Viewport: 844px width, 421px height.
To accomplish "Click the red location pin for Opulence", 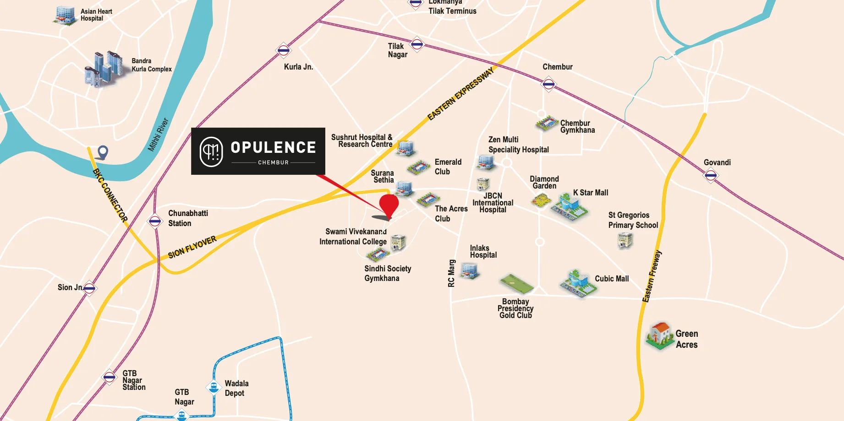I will (x=389, y=205).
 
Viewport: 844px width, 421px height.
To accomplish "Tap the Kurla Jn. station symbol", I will (x=284, y=50).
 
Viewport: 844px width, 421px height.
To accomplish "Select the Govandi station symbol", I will (x=711, y=175).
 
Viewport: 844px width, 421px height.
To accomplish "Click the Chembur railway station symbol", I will (x=548, y=84).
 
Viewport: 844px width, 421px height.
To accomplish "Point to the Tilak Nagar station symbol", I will (x=417, y=44).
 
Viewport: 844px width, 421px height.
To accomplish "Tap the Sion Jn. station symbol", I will (x=89, y=288).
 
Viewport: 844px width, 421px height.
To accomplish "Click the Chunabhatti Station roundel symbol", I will (x=155, y=221).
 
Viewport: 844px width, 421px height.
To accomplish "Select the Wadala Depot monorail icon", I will (x=213, y=388).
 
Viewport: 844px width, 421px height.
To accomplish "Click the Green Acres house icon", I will (x=660, y=335).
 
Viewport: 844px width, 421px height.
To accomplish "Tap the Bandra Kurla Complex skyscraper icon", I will (x=104, y=69).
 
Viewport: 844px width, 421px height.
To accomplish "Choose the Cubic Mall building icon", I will (x=578, y=283).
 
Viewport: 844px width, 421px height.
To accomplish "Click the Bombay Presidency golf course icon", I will (x=517, y=284).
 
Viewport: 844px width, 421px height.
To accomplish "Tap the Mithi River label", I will (x=158, y=135).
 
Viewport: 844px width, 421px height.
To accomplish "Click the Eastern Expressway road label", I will (x=460, y=94).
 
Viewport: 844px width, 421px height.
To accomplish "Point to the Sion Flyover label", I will (x=192, y=248).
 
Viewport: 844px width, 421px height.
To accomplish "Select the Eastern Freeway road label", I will (x=652, y=276).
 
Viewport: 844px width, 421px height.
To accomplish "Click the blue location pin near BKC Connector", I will (x=103, y=152).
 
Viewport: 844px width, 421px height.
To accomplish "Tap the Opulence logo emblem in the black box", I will (x=211, y=151).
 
